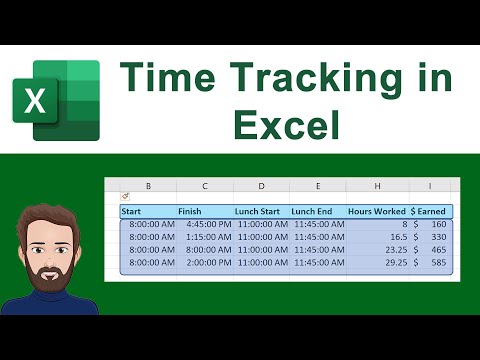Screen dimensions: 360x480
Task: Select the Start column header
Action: tap(131, 211)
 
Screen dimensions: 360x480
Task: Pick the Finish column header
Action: tap(190, 211)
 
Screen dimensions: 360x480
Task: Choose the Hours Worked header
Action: tap(377, 211)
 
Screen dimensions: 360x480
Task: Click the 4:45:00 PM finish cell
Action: tap(205, 225)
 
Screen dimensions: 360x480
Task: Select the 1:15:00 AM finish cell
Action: tap(205, 238)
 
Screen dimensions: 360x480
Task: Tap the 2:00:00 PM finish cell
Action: tap(205, 264)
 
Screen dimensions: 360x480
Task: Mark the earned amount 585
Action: tap(438, 264)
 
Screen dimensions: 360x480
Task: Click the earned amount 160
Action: tap(438, 225)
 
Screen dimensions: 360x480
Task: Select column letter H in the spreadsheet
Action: tap(375, 186)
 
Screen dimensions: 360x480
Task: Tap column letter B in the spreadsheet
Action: tap(148, 186)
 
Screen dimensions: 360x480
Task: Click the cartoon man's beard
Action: tap(50, 275)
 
